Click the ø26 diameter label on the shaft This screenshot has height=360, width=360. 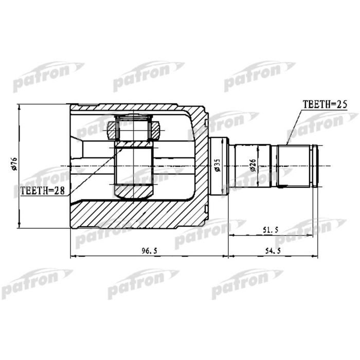(x=253, y=165)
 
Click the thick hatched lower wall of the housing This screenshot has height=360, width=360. (x=139, y=213)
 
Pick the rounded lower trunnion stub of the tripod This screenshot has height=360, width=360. (x=133, y=192)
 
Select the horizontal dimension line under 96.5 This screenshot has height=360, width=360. (x=149, y=256)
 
